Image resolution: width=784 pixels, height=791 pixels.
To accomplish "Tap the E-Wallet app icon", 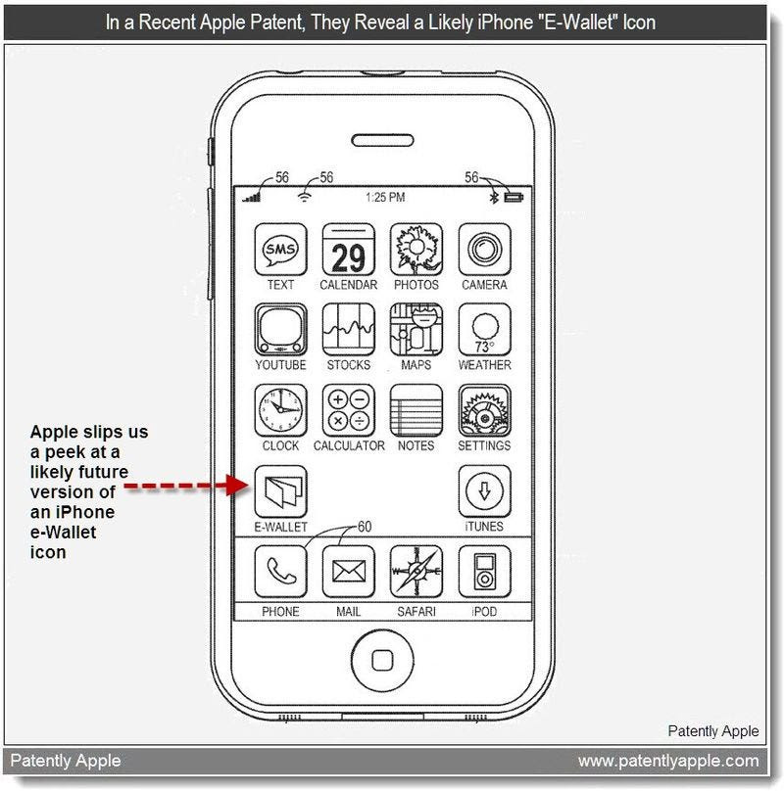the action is (x=281, y=491).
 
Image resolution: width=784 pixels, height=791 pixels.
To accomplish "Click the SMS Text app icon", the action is (x=281, y=250).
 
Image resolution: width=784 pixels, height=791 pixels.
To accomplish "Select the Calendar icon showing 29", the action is (x=349, y=250).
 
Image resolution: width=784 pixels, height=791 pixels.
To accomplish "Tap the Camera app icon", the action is (x=484, y=250).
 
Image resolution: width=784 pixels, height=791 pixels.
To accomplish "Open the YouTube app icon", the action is (x=281, y=330).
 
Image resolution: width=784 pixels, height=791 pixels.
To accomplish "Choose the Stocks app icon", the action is (x=349, y=330).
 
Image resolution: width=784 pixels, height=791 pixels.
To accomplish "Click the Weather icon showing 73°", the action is (x=484, y=330).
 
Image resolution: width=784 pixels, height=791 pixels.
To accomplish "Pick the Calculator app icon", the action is (x=349, y=410).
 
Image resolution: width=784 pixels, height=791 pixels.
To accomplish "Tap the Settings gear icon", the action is (x=484, y=410).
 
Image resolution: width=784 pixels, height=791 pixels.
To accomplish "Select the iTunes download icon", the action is (x=484, y=491).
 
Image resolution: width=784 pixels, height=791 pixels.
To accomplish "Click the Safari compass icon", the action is (x=416, y=572).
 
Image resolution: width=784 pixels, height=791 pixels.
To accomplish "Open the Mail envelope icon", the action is (x=349, y=572).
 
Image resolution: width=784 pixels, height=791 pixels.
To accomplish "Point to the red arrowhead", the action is (x=237, y=486).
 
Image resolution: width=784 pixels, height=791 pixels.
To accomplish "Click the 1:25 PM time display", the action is (x=385, y=197).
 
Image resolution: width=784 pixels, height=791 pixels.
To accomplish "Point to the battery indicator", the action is (x=514, y=197).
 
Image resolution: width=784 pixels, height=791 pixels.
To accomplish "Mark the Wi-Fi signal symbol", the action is (x=304, y=196).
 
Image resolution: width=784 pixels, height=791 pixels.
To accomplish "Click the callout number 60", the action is (x=365, y=527).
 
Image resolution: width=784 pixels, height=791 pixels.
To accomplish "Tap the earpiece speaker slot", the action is (x=382, y=140).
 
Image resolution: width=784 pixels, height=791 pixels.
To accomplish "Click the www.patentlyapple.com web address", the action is (x=668, y=761).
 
